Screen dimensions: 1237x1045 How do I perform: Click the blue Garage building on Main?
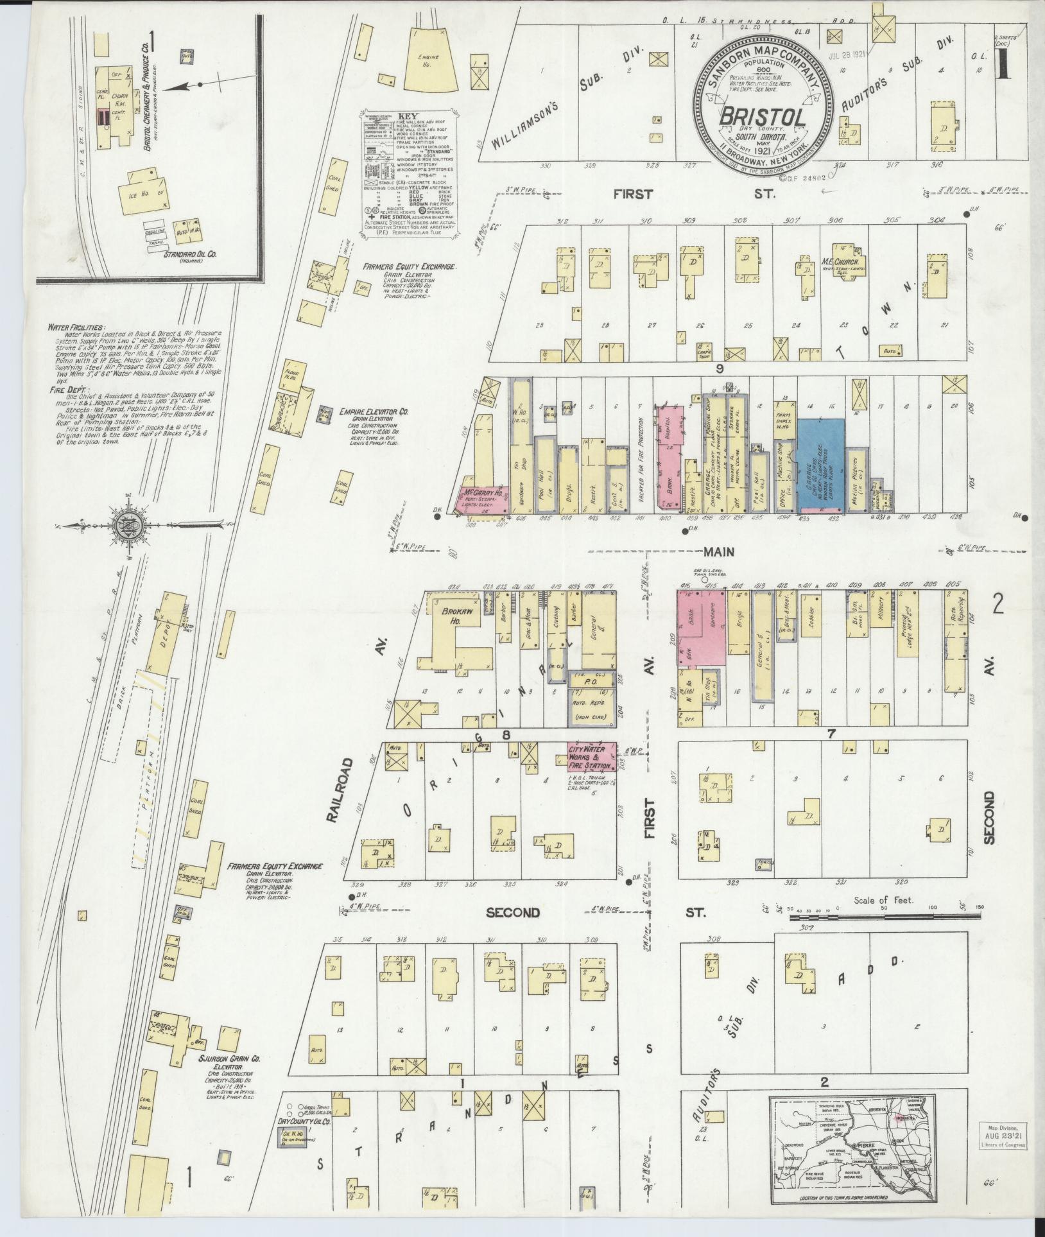pyautogui.click(x=820, y=463)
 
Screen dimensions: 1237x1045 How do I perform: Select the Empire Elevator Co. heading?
pyautogui.click(x=374, y=412)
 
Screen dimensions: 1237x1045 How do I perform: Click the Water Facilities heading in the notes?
pyautogui.click(x=71, y=327)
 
